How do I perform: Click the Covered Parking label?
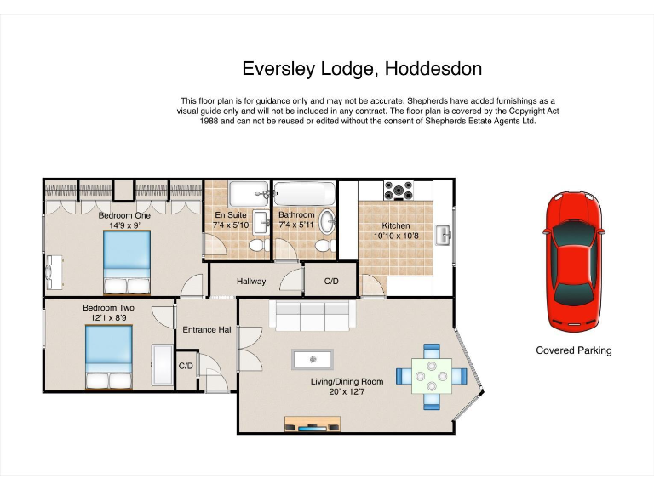[x=573, y=350]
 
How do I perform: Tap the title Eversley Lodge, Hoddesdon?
[x=362, y=68]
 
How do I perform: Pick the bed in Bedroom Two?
[x=108, y=357]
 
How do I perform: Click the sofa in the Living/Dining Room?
[x=313, y=316]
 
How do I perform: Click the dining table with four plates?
[x=432, y=374]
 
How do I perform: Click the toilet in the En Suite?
[x=255, y=246]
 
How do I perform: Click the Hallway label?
[x=251, y=282]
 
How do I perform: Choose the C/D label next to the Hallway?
[x=331, y=282]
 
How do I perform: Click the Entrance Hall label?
[x=207, y=329]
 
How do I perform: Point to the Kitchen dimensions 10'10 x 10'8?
[x=396, y=236]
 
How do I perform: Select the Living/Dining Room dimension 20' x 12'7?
[x=357, y=392]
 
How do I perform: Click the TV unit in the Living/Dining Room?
[x=312, y=424]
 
